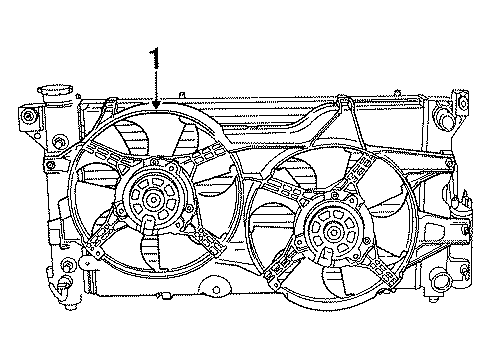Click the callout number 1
(155, 62)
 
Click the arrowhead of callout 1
(156, 105)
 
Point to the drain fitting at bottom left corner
(61, 288)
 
